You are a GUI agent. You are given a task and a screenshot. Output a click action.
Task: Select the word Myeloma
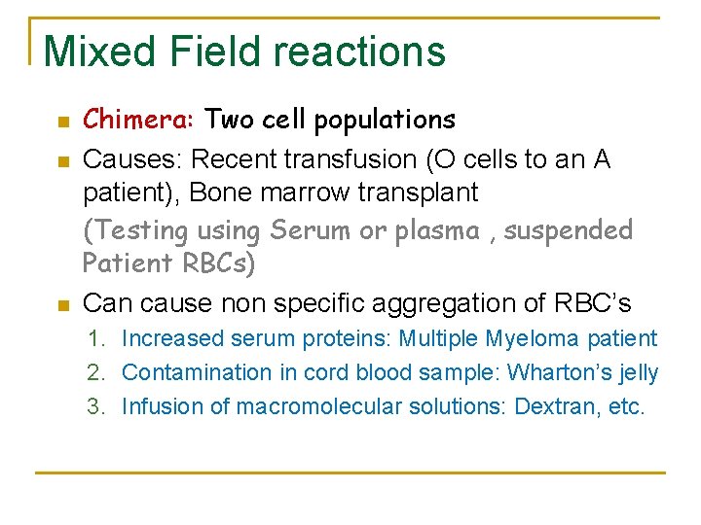coord(535,339)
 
